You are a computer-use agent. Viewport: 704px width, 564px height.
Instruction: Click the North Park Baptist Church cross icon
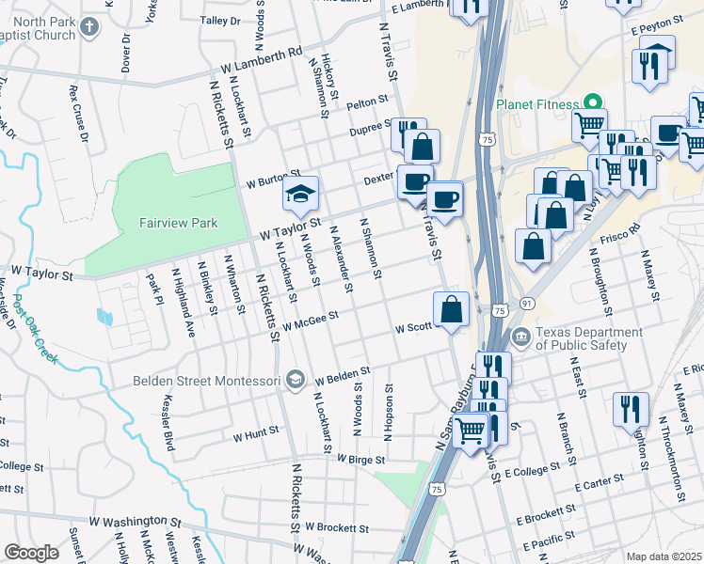tap(89, 26)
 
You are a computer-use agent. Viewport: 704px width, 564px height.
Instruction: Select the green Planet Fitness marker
tap(593, 102)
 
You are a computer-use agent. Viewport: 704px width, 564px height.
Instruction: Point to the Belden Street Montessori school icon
tap(296, 380)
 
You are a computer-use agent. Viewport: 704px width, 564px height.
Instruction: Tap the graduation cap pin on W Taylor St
tap(301, 195)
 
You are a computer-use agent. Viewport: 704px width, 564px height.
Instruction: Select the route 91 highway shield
tap(527, 303)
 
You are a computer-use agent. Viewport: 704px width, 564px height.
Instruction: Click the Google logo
tap(32, 552)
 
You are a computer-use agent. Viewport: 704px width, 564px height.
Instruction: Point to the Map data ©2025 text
tap(664, 556)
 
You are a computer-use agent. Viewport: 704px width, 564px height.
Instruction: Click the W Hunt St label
tap(256, 434)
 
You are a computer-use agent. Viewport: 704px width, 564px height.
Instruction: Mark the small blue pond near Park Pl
tap(104, 317)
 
